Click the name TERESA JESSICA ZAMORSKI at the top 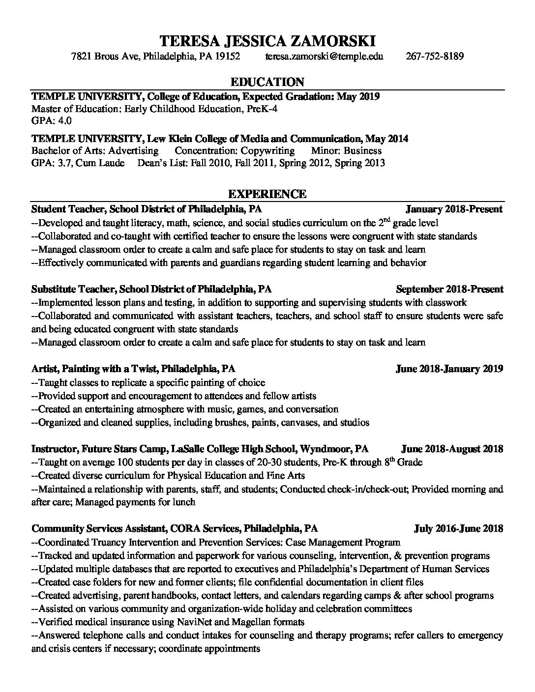(267, 40)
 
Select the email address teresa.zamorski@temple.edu (325, 56)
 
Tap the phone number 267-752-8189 (435, 56)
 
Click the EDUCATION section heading (267, 82)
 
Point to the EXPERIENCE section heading (267, 194)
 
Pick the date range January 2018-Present (454, 209)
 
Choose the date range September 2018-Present (449, 289)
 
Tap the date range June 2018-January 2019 (449, 369)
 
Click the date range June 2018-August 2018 (452, 449)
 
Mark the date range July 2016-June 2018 (458, 529)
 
